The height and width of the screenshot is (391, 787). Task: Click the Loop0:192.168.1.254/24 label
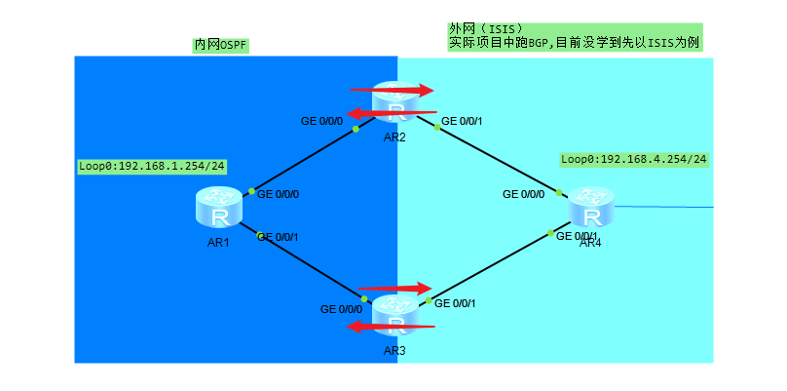pos(152,167)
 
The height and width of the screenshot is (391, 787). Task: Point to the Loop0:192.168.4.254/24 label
pos(634,159)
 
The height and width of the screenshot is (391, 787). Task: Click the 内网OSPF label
pos(221,45)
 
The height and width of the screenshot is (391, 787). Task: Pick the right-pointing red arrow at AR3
pos(394,289)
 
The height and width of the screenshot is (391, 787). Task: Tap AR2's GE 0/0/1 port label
pos(463,122)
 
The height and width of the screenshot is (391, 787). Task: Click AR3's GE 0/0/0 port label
pos(341,309)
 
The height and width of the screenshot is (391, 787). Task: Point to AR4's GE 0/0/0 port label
pos(523,194)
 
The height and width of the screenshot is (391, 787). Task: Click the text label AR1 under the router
pos(217,243)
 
